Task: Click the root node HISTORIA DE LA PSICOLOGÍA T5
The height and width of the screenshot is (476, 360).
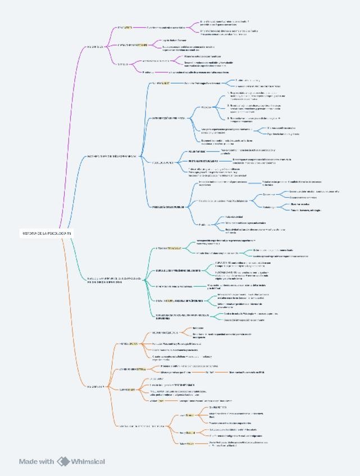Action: [48, 232]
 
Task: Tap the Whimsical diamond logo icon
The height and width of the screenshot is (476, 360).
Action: [63, 461]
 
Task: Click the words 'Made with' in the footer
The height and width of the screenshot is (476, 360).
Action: [37, 461]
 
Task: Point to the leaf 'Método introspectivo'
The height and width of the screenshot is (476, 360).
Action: [168, 379]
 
